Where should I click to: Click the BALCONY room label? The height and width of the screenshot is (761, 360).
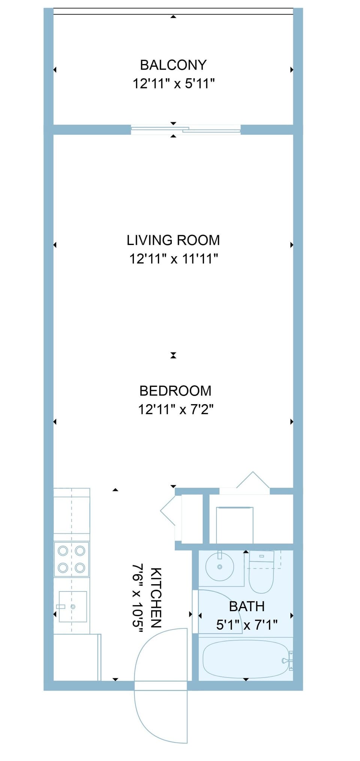click(173, 65)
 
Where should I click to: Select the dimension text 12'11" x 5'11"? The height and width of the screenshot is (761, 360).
click(173, 84)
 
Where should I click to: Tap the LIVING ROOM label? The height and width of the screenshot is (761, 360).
click(173, 240)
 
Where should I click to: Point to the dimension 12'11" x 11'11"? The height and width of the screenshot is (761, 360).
click(173, 259)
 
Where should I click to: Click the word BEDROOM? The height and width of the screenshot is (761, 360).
click(175, 391)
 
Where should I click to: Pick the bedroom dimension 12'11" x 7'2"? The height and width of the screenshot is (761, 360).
click(175, 409)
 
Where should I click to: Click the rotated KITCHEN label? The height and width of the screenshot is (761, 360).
click(156, 598)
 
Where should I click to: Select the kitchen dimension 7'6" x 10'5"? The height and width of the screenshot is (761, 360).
click(138, 598)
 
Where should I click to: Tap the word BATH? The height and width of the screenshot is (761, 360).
click(247, 606)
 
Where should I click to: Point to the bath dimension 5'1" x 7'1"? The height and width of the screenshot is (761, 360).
click(247, 625)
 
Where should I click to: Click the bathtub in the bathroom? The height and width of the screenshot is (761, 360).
click(246, 659)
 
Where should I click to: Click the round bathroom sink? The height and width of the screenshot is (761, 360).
click(220, 567)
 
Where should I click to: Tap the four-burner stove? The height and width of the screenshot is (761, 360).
click(71, 559)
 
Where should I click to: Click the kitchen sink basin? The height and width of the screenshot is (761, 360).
click(73, 606)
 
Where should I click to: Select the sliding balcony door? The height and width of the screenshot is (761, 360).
click(186, 130)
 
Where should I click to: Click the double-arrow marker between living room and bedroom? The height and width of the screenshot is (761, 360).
click(173, 355)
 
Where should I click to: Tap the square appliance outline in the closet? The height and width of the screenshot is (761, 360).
click(234, 524)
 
